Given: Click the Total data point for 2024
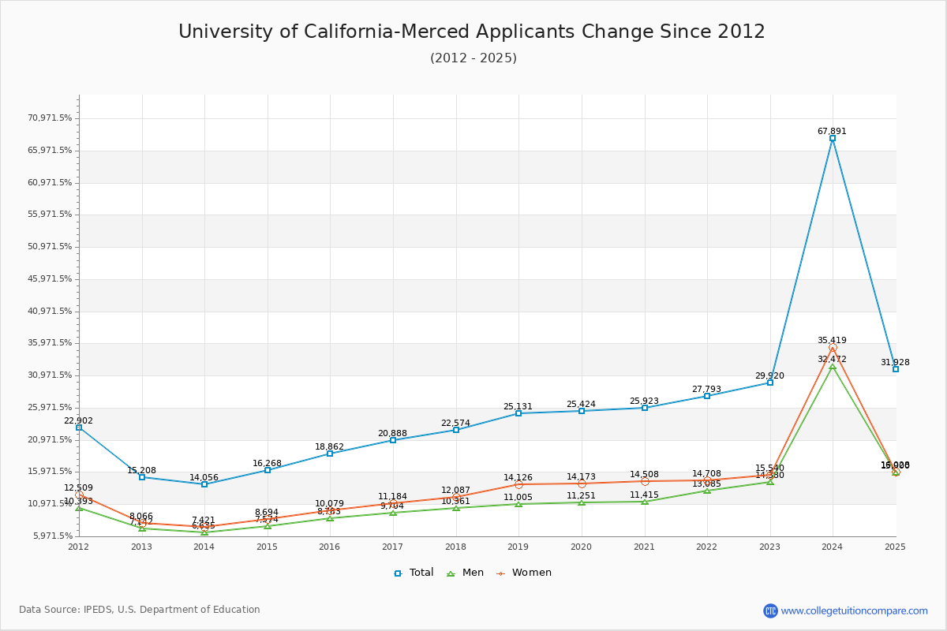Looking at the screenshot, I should point(833,138).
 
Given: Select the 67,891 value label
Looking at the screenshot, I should point(832,132).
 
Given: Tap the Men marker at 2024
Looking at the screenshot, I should point(833,366).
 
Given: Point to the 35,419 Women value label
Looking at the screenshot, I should point(832,341).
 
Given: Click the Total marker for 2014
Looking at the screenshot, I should point(204,484).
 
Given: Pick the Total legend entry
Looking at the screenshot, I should point(414,573).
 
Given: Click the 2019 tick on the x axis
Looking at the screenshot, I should point(518,546).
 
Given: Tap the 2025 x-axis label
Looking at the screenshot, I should point(895,546).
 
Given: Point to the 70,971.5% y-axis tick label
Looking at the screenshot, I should point(50,118).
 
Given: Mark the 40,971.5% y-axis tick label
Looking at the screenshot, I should point(50,311).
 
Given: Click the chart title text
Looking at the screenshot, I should point(472,32).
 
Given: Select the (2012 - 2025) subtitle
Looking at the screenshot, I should point(473,58).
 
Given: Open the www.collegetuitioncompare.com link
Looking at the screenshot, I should point(854,610).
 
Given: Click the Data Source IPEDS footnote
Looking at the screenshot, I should point(140,610).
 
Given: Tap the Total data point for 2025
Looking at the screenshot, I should point(896,369).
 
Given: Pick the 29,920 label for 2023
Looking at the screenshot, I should point(769,376).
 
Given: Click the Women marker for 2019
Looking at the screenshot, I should point(518,484).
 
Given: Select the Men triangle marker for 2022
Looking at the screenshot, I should point(707,491).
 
